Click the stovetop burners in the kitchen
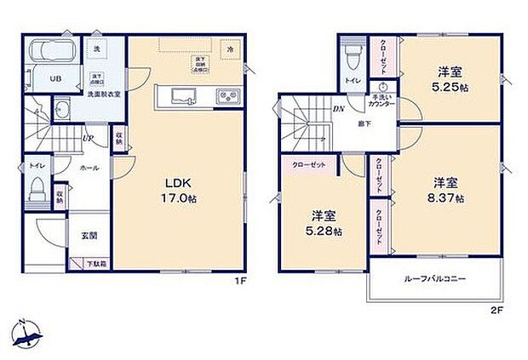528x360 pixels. [x=227, y=94]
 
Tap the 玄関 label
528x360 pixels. [x=89, y=234]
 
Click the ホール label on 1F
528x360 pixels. [x=89, y=169]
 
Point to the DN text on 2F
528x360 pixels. [x=338, y=109]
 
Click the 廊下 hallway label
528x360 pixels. [x=361, y=123]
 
